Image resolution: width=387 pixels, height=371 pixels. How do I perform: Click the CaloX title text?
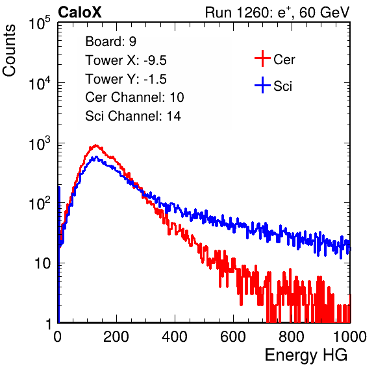[x=79, y=12]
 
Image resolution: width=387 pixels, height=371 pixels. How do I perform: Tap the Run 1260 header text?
[x=277, y=12]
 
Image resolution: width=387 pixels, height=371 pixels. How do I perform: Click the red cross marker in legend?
[x=262, y=58]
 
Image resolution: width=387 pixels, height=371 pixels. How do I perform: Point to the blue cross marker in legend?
[x=262, y=85]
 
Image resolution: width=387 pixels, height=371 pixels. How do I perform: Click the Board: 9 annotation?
[x=110, y=42]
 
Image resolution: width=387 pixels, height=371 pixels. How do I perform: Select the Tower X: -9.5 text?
[x=126, y=60]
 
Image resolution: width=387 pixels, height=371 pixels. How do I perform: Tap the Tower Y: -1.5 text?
[x=126, y=79]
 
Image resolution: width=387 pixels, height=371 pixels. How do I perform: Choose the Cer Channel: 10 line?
[x=134, y=97]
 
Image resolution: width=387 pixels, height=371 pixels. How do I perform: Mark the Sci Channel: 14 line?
[x=133, y=116]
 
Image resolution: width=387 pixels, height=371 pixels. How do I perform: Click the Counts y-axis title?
[x=9, y=51]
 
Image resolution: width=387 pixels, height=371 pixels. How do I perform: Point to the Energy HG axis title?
[x=306, y=355]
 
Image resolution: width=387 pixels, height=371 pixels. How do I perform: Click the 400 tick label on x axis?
[x=175, y=337]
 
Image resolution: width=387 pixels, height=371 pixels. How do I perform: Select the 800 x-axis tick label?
[x=292, y=337]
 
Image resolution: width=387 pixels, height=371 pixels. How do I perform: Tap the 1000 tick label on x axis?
[x=350, y=337]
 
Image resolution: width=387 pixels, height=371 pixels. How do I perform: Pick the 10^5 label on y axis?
[x=40, y=23]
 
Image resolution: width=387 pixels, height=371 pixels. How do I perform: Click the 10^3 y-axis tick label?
[x=40, y=144]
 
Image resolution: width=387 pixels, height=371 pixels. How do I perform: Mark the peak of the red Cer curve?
[x=95, y=145]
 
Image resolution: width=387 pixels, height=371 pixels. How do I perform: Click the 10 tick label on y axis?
[x=42, y=263]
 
